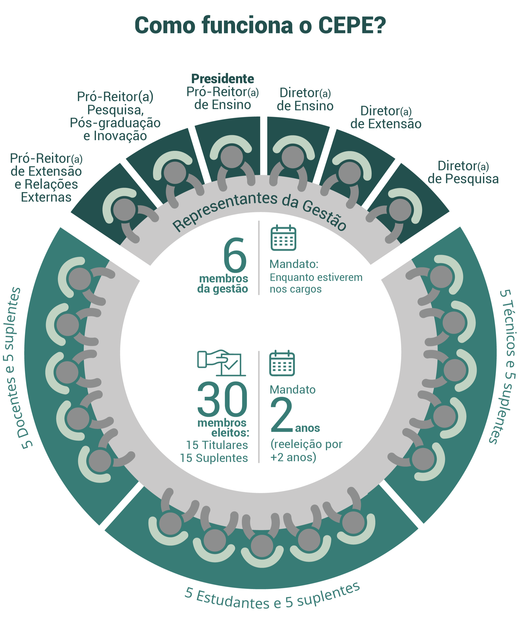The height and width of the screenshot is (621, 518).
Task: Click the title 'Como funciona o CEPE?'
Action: pos(260,26)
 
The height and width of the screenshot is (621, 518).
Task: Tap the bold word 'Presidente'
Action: pos(222,79)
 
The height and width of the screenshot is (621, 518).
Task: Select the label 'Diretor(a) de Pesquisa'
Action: pos(463,172)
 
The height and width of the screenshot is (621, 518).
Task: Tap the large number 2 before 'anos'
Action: pos(281,415)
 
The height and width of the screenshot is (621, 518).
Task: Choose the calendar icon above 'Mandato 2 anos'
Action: pos(282,363)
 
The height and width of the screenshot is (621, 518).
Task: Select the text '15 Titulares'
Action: pos(217,445)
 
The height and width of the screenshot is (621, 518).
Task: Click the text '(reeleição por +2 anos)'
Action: pos(306,451)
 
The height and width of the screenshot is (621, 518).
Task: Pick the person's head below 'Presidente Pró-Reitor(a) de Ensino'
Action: pos(232,157)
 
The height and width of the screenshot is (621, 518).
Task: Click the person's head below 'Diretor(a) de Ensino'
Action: pos(293,157)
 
